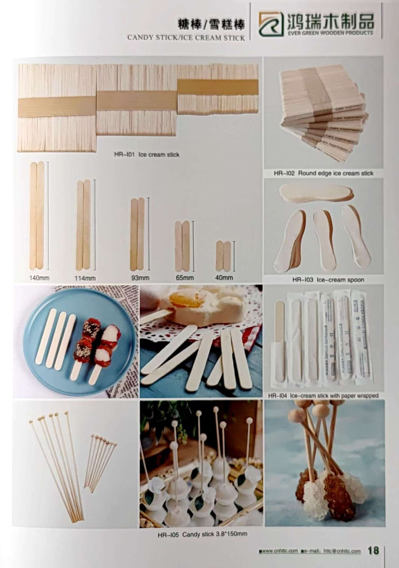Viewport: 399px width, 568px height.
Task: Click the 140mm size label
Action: (40, 278)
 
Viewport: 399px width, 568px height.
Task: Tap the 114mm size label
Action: (85, 278)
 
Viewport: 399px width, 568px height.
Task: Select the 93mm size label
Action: (140, 278)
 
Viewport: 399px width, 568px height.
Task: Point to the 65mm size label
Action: (185, 278)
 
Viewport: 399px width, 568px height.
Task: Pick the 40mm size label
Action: (224, 278)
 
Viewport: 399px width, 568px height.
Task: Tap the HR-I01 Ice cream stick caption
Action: (147, 155)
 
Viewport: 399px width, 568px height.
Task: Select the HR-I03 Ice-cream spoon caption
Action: (328, 280)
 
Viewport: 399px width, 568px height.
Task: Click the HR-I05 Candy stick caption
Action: (202, 534)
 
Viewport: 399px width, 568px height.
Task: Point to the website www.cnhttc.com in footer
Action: (278, 551)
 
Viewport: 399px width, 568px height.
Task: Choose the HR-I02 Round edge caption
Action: (323, 173)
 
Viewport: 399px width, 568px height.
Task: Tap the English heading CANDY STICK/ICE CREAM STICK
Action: (186, 38)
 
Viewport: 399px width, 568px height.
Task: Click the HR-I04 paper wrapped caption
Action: (323, 395)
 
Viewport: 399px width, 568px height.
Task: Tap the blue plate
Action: (42, 367)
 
